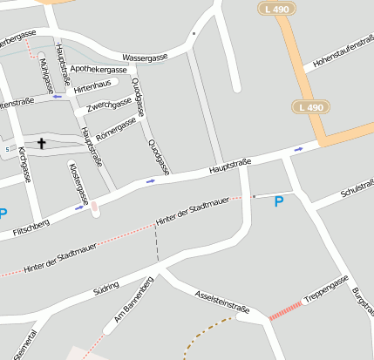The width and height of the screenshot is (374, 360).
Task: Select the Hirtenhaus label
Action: (92, 88)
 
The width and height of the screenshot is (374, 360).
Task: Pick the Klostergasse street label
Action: (78, 184)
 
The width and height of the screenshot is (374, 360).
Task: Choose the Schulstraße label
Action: (357, 190)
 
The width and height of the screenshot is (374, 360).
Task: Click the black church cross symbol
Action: (40, 144)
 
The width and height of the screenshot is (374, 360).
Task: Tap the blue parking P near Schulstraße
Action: (279, 202)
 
